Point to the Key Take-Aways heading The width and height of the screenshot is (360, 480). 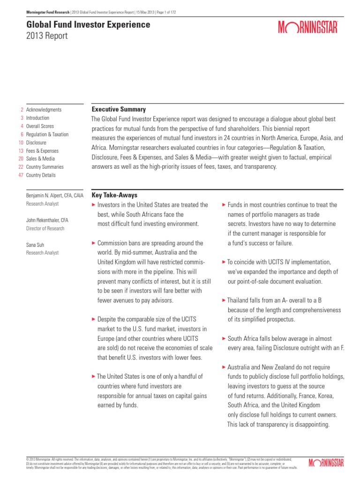click(114, 195)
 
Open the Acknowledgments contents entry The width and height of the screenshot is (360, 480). click(44, 110)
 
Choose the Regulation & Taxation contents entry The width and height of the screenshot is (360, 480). click(47, 135)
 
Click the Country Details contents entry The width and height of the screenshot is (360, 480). click(41, 175)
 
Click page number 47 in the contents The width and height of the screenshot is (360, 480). click(20, 175)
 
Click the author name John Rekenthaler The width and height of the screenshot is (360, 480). click(47, 220)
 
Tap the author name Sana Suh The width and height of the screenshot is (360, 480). click(36, 245)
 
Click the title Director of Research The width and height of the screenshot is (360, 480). click(45, 228)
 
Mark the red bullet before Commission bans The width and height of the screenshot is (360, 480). click(94, 243)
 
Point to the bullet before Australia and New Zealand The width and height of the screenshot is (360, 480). click(224, 367)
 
